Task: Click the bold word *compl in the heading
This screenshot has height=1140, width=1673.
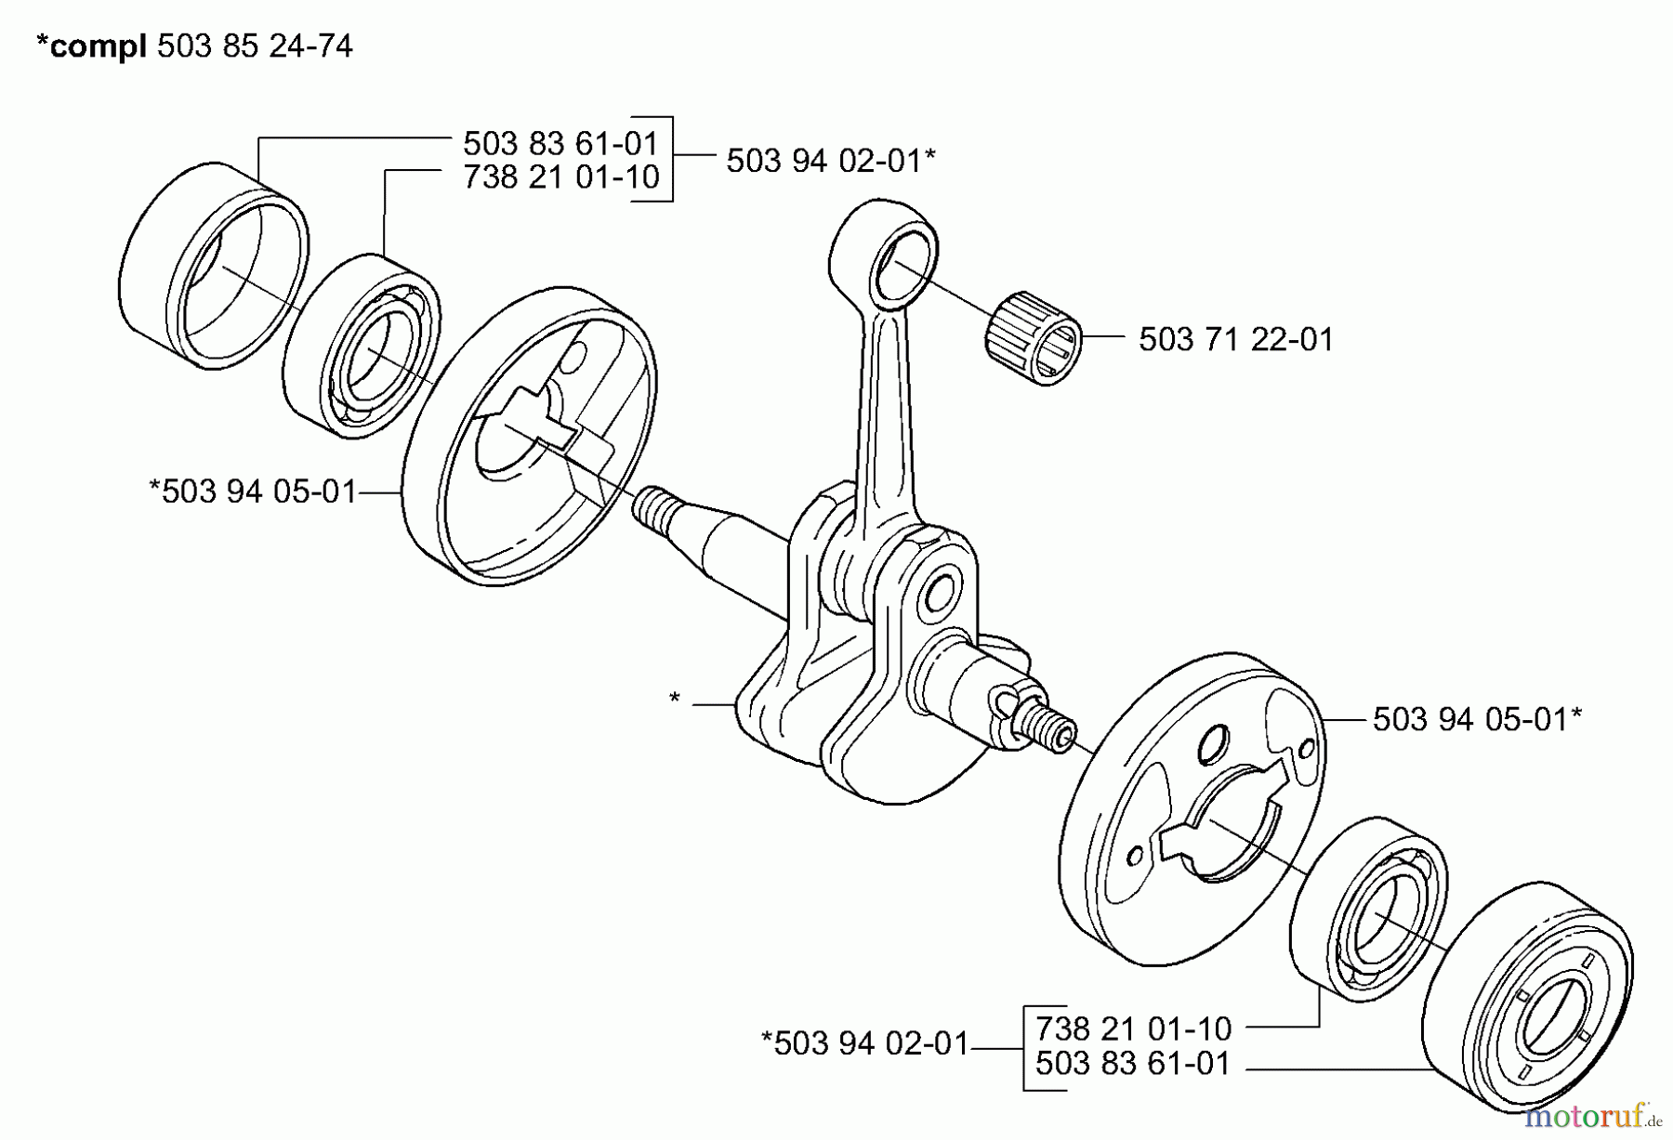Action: click(x=90, y=46)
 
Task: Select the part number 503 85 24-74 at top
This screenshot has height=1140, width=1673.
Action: click(x=255, y=46)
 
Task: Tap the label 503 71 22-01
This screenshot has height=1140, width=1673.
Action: click(x=1235, y=340)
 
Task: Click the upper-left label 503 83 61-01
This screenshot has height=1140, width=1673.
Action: click(x=560, y=143)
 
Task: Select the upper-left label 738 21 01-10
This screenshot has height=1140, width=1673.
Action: click(x=560, y=177)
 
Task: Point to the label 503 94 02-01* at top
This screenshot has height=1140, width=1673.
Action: click(x=830, y=161)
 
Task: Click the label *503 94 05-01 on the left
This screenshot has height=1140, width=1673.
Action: click(x=253, y=491)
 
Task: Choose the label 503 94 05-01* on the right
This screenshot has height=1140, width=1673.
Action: click(x=1477, y=719)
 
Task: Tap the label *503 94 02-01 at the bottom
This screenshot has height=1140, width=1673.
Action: click(x=864, y=1043)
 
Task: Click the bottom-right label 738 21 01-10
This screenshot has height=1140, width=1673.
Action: click(x=1132, y=1029)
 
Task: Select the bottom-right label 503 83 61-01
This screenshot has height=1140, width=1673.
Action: click(x=1132, y=1063)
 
